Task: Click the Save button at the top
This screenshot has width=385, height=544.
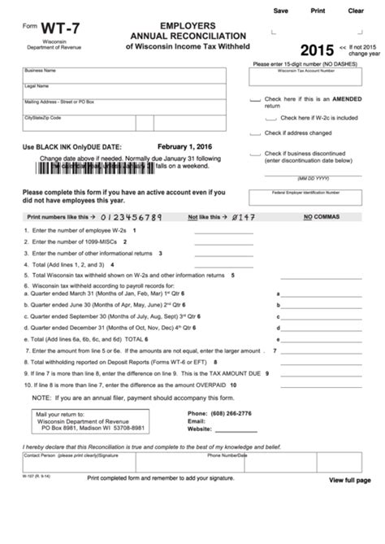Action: pyautogui.click(x=281, y=11)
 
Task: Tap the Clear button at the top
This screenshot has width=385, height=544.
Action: pyautogui.click(x=356, y=11)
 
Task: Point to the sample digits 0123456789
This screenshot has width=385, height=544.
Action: pyautogui.click(x=123, y=218)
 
